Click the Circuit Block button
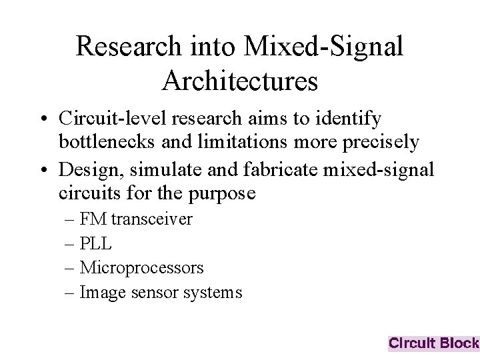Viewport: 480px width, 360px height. click(433, 343)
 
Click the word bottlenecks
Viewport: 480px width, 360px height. click(103, 142)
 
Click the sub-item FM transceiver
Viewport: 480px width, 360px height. click(136, 219)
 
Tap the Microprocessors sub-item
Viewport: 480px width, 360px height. click(141, 268)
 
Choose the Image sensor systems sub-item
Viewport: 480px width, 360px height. click(161, 292)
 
